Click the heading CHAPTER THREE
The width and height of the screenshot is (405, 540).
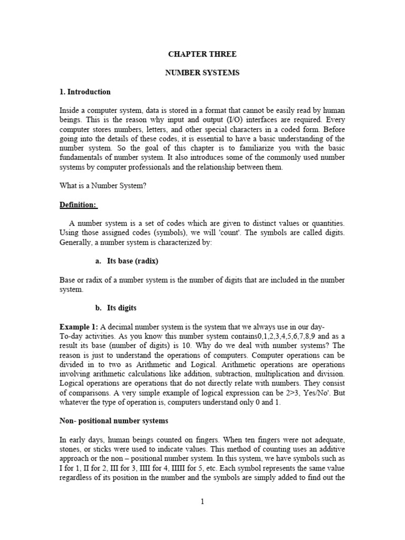click(202, 54)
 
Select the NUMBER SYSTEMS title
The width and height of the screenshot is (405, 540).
click(202, 73)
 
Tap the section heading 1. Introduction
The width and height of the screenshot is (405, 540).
click(85, 92)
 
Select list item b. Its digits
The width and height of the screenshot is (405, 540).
click(115, 308)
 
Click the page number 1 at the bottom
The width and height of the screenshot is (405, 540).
click(202, 502)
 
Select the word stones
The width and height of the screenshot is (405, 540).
click(71, 449)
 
